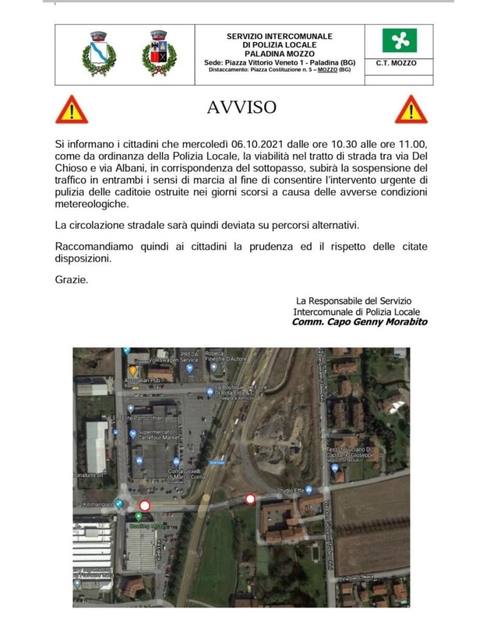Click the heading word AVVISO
point(242,107)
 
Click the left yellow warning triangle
point(72,110)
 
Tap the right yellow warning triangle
point(411,110)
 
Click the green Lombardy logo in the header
point(399,41)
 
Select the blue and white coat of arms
point(99,53)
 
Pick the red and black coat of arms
point(159,53)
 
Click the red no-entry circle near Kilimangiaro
point(144,506)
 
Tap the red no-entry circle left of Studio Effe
point(249,500)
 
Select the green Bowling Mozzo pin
point(139,517)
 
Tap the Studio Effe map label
point(290,489)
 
